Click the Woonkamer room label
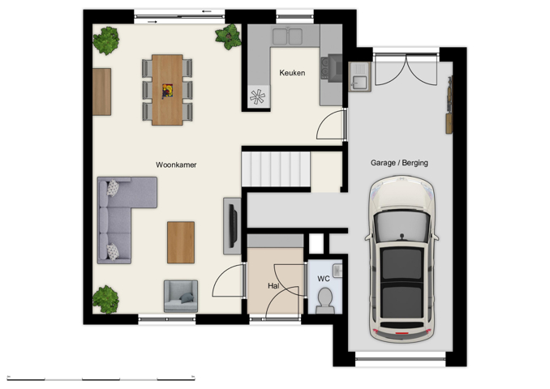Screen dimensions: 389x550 [176, 165]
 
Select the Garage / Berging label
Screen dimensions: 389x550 [399, 163]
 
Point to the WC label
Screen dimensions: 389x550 [323, 279]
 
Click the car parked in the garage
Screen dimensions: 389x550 [402, 259]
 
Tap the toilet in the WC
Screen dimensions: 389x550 [324, 301]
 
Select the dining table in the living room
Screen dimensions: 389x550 [167, 89]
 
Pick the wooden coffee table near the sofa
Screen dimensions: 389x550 [181, 242]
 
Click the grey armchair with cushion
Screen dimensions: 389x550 [180, 296]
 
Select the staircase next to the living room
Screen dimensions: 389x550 [276, 170]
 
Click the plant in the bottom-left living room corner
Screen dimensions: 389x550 [105, 299]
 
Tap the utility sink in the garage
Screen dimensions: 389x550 [360, 78]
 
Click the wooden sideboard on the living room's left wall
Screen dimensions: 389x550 [101, 92]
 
